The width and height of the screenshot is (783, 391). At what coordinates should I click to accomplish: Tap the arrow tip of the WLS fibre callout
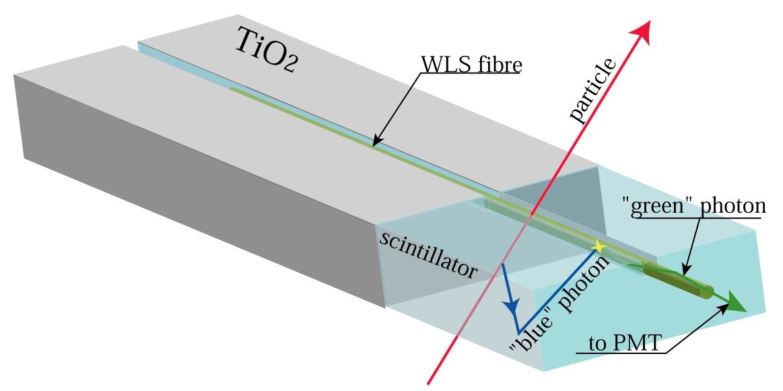coord(373,145)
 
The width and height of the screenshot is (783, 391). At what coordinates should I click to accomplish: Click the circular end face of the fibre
coord(706,292)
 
